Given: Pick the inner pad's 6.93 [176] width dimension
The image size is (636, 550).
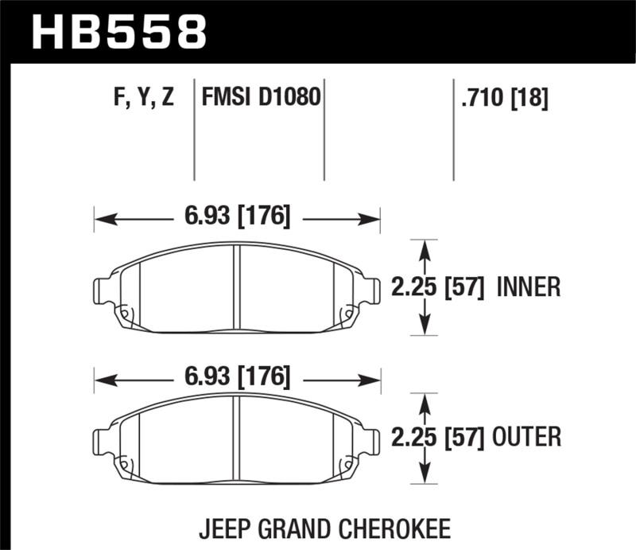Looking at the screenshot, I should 237,216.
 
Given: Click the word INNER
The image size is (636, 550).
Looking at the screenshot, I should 529,287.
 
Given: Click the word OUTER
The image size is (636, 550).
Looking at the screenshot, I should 529,437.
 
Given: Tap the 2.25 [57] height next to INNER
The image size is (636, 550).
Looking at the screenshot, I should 438,287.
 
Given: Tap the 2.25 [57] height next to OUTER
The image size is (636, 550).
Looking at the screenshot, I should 438,437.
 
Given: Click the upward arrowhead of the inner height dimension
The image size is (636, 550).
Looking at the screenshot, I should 425,248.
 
